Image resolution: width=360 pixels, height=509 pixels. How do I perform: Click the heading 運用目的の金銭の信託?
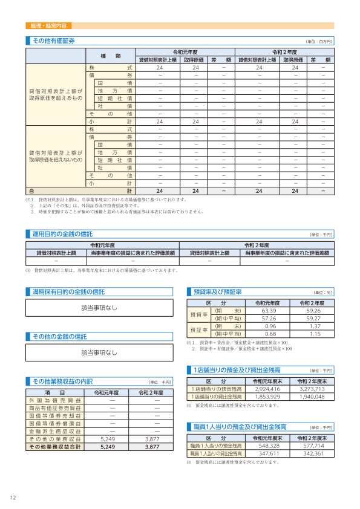(x=62, y=234)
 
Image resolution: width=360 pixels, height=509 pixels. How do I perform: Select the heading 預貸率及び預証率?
(x=217, y=292)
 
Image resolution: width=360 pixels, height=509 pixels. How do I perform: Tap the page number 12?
(x=13, y=498)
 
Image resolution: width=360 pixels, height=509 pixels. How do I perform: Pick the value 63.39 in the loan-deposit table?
(x=269, y=311)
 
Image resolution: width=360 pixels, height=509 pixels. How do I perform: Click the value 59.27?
(x=313, y=318)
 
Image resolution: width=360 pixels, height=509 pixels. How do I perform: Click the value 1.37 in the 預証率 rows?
(x=313, y=326)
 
